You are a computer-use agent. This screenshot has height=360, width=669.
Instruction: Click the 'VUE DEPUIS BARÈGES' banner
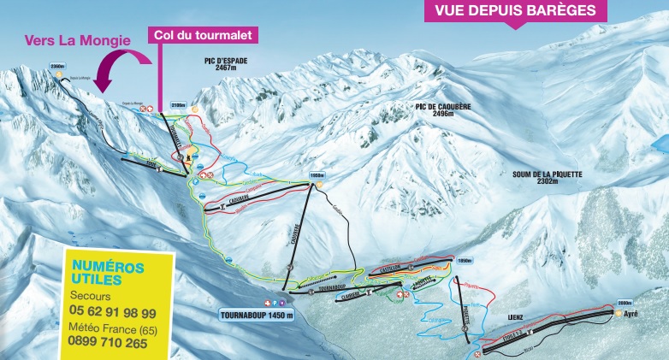click(x=514, y=12)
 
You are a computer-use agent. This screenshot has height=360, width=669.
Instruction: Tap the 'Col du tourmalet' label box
click(x=203, y=36)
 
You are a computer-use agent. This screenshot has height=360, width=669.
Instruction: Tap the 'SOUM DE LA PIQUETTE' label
click(x=548, y=175)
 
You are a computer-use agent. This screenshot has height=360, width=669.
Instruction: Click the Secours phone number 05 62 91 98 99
click(x=113, y=313)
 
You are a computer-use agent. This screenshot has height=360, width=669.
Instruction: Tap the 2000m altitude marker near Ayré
click(x=624, y=303)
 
